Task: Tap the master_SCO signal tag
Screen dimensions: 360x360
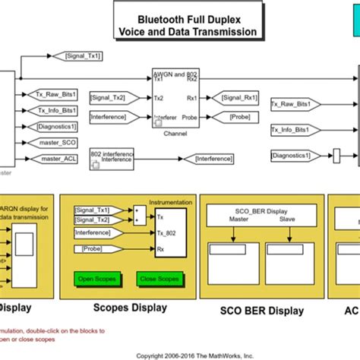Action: point(56,143)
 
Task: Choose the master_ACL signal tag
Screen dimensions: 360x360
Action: point(56,158)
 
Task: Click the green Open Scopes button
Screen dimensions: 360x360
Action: point(96,279)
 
